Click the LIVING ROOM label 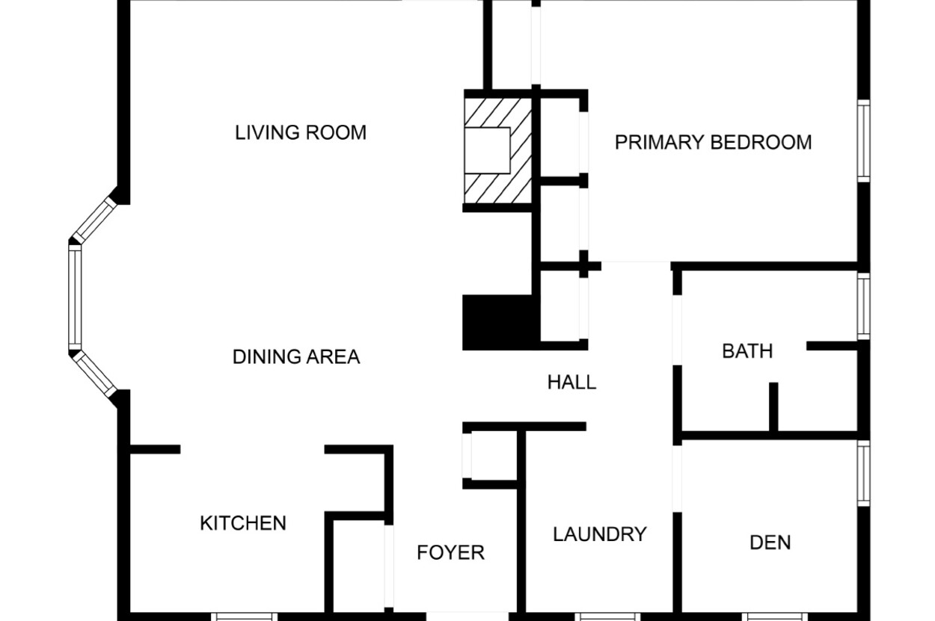click(x=301, y=132)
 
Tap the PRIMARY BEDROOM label click(x=713, y=142)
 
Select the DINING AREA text click(x=296, y=356)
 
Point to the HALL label click(x=571, y=382)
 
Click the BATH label click(x=747, y=351)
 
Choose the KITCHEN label click(x=243, y=523)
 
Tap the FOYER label click(x=450, y=552)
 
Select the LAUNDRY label click(x=600, y=534)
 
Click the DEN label click(x=770, y=543)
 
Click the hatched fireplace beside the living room click(x=498, y=150)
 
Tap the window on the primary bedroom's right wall click(x=864, y=141)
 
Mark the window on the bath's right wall click(x=864, y=306)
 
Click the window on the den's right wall click(x=864, y=473)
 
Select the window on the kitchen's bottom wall click(x=244, y=617)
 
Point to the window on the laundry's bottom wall click(x=607, y=617)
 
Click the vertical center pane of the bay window click(x=75, y=297)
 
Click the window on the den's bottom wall click(x=775, y=617)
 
